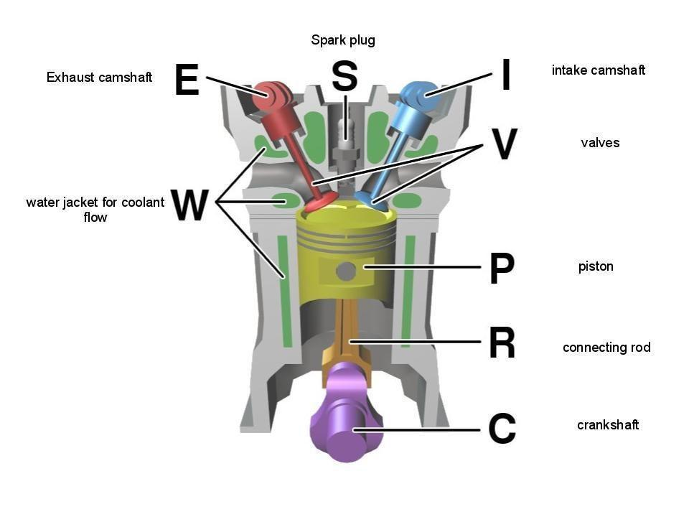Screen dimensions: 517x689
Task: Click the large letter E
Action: (187, 79)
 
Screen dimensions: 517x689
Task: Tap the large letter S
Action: (344, 75)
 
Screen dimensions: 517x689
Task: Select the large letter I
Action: (505, 75)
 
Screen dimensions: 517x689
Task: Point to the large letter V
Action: (505, 144)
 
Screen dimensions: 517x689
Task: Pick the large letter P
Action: (502, 268)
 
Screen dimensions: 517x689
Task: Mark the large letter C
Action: (502, 429)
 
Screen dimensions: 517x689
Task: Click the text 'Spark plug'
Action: (343, 40)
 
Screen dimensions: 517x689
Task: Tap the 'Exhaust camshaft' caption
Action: (99, 77)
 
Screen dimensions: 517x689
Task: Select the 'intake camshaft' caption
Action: (598, 70)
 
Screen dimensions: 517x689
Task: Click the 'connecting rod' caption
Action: (606, 348)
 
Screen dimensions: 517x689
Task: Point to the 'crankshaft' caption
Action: (607, 425)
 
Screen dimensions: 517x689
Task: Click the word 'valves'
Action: (599, 143)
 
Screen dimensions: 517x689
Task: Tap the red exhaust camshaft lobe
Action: (271, 96)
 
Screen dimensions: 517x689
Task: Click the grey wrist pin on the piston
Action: (347, 271)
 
